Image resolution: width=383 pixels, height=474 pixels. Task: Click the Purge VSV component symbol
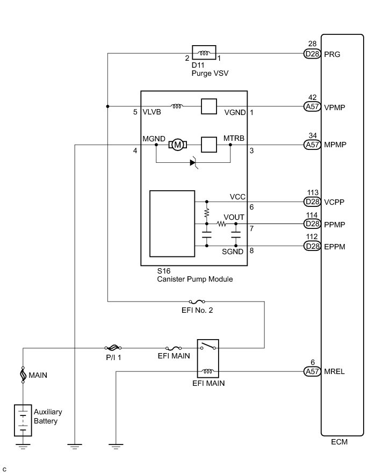coord(204,53)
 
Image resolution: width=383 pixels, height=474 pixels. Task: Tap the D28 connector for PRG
coord(312,54)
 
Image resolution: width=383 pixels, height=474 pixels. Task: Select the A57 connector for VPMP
coord(312,106)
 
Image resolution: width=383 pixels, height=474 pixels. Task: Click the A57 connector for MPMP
coord(312,144)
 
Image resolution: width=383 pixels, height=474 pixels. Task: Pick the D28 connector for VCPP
coord(312,202)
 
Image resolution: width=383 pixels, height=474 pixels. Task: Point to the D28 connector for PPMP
coord(312,224)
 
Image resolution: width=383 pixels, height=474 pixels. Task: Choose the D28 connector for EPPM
coord(312,246)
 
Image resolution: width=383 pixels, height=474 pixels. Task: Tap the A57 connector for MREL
coord(312,371)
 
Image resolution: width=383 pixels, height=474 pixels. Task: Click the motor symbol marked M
coord(177,144)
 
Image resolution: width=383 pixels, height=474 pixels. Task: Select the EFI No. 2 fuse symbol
coord(192,302)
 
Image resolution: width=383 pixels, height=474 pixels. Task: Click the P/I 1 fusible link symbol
coord(114,348)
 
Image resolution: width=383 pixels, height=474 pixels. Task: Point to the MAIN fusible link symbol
coord(23,374)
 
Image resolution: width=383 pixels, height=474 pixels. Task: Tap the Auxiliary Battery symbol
coord(23,420)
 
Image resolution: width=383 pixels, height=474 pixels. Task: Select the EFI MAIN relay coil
coord(207,371)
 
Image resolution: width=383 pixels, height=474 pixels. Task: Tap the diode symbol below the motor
coord(193,162)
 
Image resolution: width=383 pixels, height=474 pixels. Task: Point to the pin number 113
coord(313,192)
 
